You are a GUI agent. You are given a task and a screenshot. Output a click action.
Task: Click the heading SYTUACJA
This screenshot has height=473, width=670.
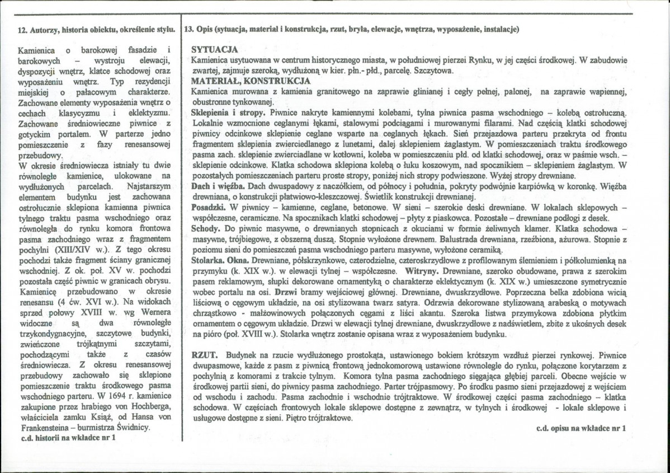(215, 49)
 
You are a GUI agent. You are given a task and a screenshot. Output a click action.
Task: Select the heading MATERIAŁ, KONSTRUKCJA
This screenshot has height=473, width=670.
(251, 81)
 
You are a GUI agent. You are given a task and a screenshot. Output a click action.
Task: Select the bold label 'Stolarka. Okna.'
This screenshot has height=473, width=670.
(220, 261)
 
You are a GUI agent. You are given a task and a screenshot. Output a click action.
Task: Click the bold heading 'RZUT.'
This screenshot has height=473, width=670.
(204, 355)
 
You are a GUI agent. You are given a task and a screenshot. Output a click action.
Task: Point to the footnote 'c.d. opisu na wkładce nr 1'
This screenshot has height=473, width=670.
(580, 428)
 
